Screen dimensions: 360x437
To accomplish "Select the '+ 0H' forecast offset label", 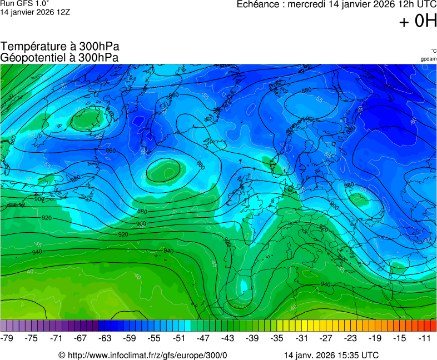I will (x=418, y=21).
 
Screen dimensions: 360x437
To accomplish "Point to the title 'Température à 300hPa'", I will (x=60, y=47).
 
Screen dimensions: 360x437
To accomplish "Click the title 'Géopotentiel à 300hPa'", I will (x=59, y=57).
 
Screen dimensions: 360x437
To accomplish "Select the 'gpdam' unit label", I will (x=428, y=58).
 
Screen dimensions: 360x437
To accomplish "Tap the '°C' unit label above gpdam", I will (x=433, y=51).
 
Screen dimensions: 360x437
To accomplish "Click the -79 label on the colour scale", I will (x=7, y=338).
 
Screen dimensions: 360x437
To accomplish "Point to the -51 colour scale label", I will (x=179, y=338).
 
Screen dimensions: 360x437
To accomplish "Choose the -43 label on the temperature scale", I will (x=228, y=338).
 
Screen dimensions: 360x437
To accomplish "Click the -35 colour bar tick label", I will (x=277, y=338).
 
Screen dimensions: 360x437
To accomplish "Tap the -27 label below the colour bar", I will (x=326, y=338).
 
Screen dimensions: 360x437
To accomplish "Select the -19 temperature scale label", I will (x=375, y=338).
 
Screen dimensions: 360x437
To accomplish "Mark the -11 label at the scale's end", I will (x=425, y=338).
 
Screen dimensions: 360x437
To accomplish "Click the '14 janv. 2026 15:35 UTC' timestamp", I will (x=331, y=355).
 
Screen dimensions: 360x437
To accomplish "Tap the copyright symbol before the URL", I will (x=62, y=355).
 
